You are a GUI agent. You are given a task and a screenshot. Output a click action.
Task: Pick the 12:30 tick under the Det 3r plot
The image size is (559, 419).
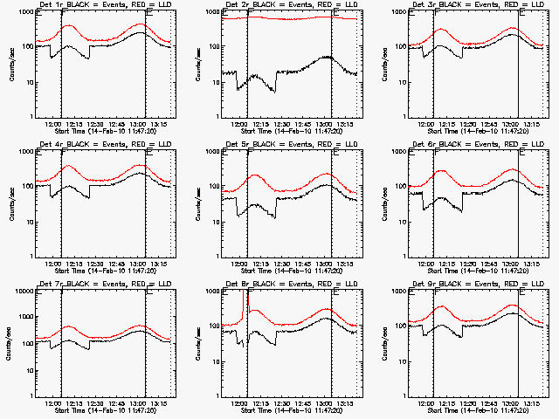click(x=468, y=122)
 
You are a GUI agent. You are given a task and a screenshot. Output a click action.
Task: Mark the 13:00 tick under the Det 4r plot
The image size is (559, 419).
click(x=144, y=262)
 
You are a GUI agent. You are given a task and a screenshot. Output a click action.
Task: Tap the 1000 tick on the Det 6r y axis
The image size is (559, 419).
click(x=400, y=152)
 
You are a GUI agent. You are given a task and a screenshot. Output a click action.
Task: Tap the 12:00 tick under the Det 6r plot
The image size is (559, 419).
click(x=426, y=262)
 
